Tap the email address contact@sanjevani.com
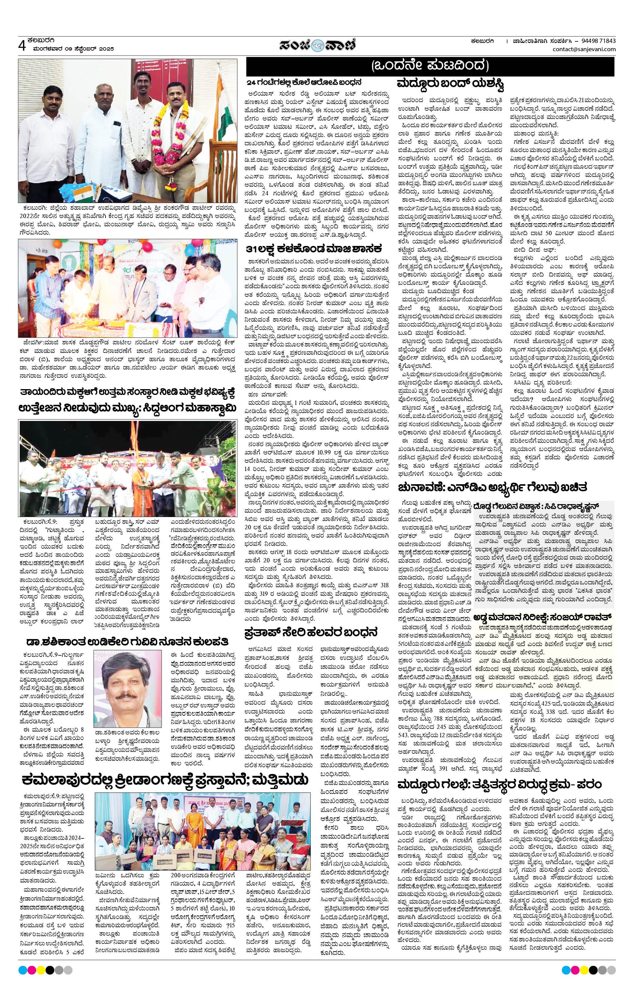tap(584, 50)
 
